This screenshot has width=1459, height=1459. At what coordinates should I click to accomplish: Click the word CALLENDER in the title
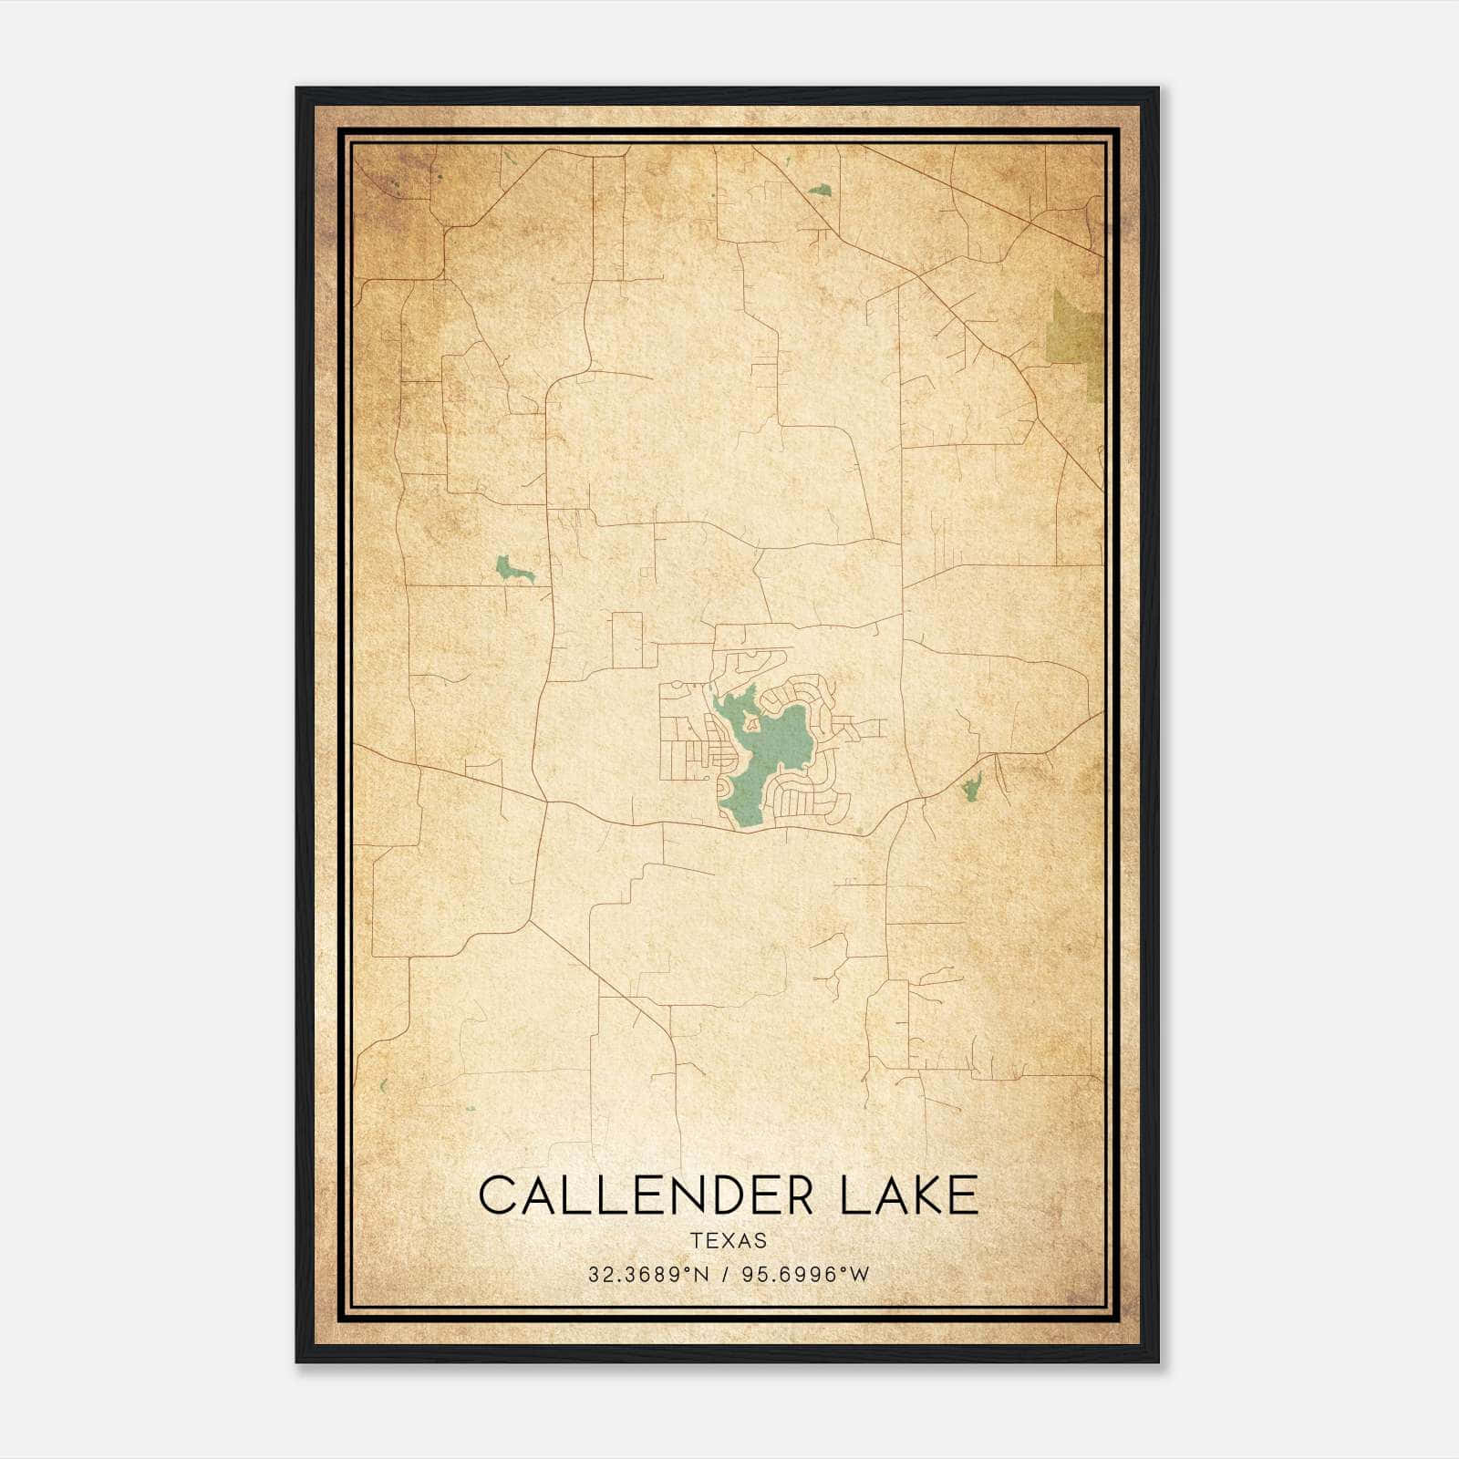coord(646,1195)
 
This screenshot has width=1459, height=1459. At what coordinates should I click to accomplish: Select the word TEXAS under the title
coord(729,1241)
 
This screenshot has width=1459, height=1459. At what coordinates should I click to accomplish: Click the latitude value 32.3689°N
coord(648,1274)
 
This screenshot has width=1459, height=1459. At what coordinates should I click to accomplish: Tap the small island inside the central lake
coord(752,724)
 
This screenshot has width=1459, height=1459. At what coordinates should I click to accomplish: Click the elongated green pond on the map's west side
coord(513,571)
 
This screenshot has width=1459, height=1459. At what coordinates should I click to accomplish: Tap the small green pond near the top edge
coord(820,191)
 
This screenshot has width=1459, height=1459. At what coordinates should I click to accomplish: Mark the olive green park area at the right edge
coord(1076,342)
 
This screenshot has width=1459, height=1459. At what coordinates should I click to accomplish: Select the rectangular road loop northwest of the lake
coord(627,640)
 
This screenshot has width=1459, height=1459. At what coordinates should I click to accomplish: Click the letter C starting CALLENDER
coord(498,1195)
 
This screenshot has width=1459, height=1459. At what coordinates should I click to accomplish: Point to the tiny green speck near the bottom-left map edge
coord(384,1085)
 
